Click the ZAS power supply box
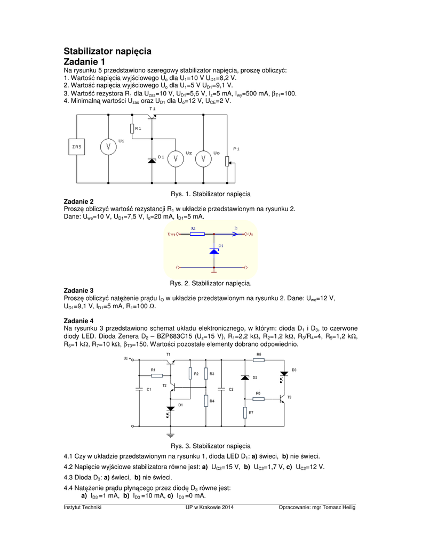point(76,147)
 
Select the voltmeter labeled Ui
point(108,147)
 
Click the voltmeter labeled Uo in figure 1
point(202,158)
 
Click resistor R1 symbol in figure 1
point(131,129)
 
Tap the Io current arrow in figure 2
point(235,234)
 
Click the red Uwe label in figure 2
point(172,234)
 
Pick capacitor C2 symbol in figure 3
point(224,390)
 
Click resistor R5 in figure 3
point(259,360)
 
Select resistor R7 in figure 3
point(245,412)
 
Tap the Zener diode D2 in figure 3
point(245,378)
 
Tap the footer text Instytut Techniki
point(82,507)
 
